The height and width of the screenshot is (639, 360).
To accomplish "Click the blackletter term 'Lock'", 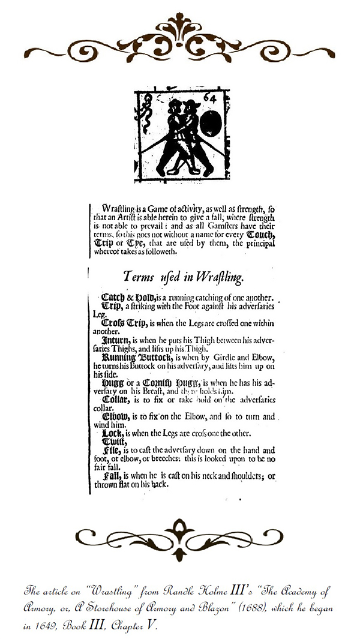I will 112,433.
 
